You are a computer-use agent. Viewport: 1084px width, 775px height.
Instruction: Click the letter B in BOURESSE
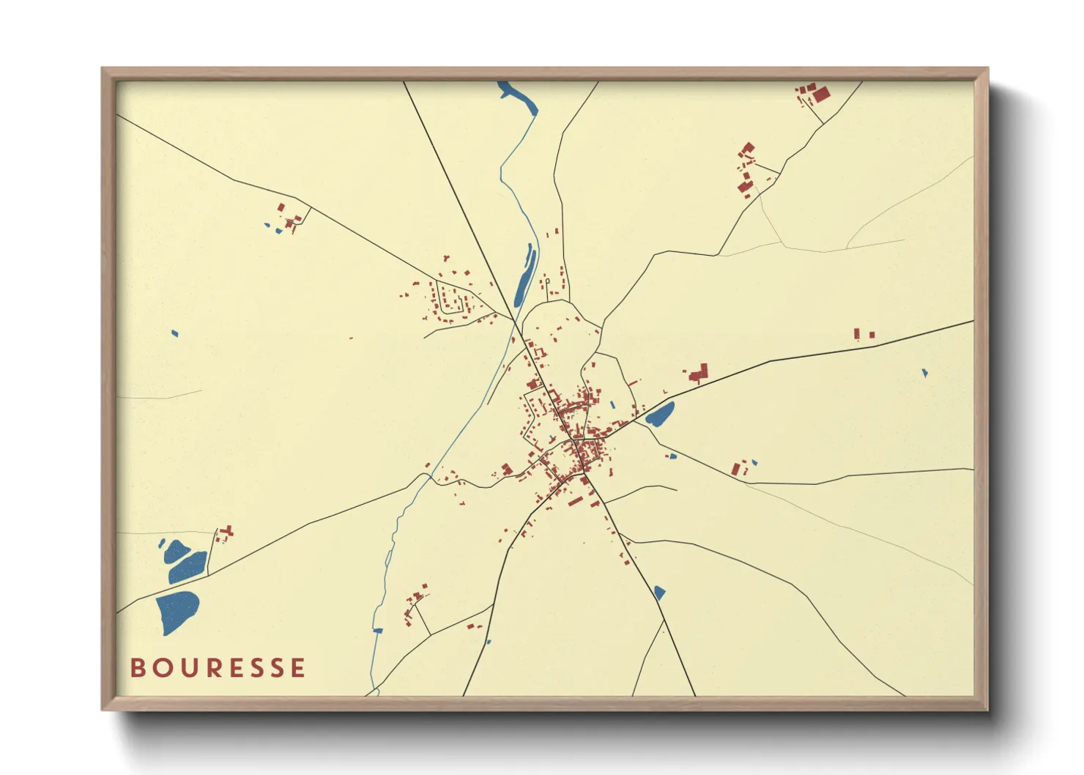click(x=137, y=668)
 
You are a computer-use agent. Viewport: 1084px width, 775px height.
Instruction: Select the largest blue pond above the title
click(x=177, y=611)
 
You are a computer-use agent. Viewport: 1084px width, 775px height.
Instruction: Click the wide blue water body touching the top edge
click(x=519, y=98)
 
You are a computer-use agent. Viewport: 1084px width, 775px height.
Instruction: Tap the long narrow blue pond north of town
click(x=524, y=276)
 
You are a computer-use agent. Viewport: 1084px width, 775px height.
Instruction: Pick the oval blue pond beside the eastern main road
click(x=659, y=415)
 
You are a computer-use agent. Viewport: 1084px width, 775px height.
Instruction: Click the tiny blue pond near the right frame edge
click(x=924, y=373)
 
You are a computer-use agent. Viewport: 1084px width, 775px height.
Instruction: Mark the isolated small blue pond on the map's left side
click(x=174, y=333)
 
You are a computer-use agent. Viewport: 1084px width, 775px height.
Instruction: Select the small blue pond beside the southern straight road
click(x=659, y=592)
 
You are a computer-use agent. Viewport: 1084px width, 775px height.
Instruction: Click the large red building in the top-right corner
click(x=820, y=94)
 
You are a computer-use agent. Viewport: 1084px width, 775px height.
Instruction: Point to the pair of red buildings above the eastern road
click(x=863, y=334)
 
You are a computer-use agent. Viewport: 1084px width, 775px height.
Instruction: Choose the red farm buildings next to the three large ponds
click(x=225, y=533)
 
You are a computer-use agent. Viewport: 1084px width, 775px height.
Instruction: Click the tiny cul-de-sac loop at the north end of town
click(x=547, y=281)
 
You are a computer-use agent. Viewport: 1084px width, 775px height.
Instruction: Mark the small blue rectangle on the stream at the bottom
click(x=378, y=630)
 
